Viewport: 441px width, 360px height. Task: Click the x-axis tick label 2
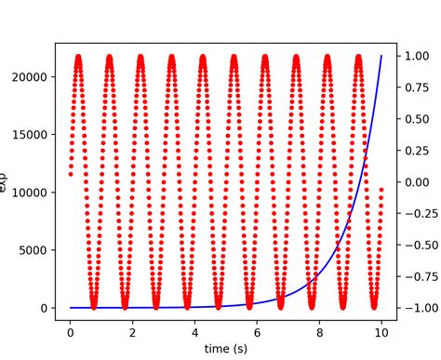132,328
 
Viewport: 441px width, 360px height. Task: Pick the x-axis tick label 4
194,328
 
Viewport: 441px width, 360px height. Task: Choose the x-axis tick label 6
257,328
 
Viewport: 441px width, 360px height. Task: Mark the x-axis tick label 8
319,328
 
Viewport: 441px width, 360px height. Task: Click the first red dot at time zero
70,174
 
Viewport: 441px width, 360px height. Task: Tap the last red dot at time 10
381,190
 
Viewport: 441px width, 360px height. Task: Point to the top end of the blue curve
381,56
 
